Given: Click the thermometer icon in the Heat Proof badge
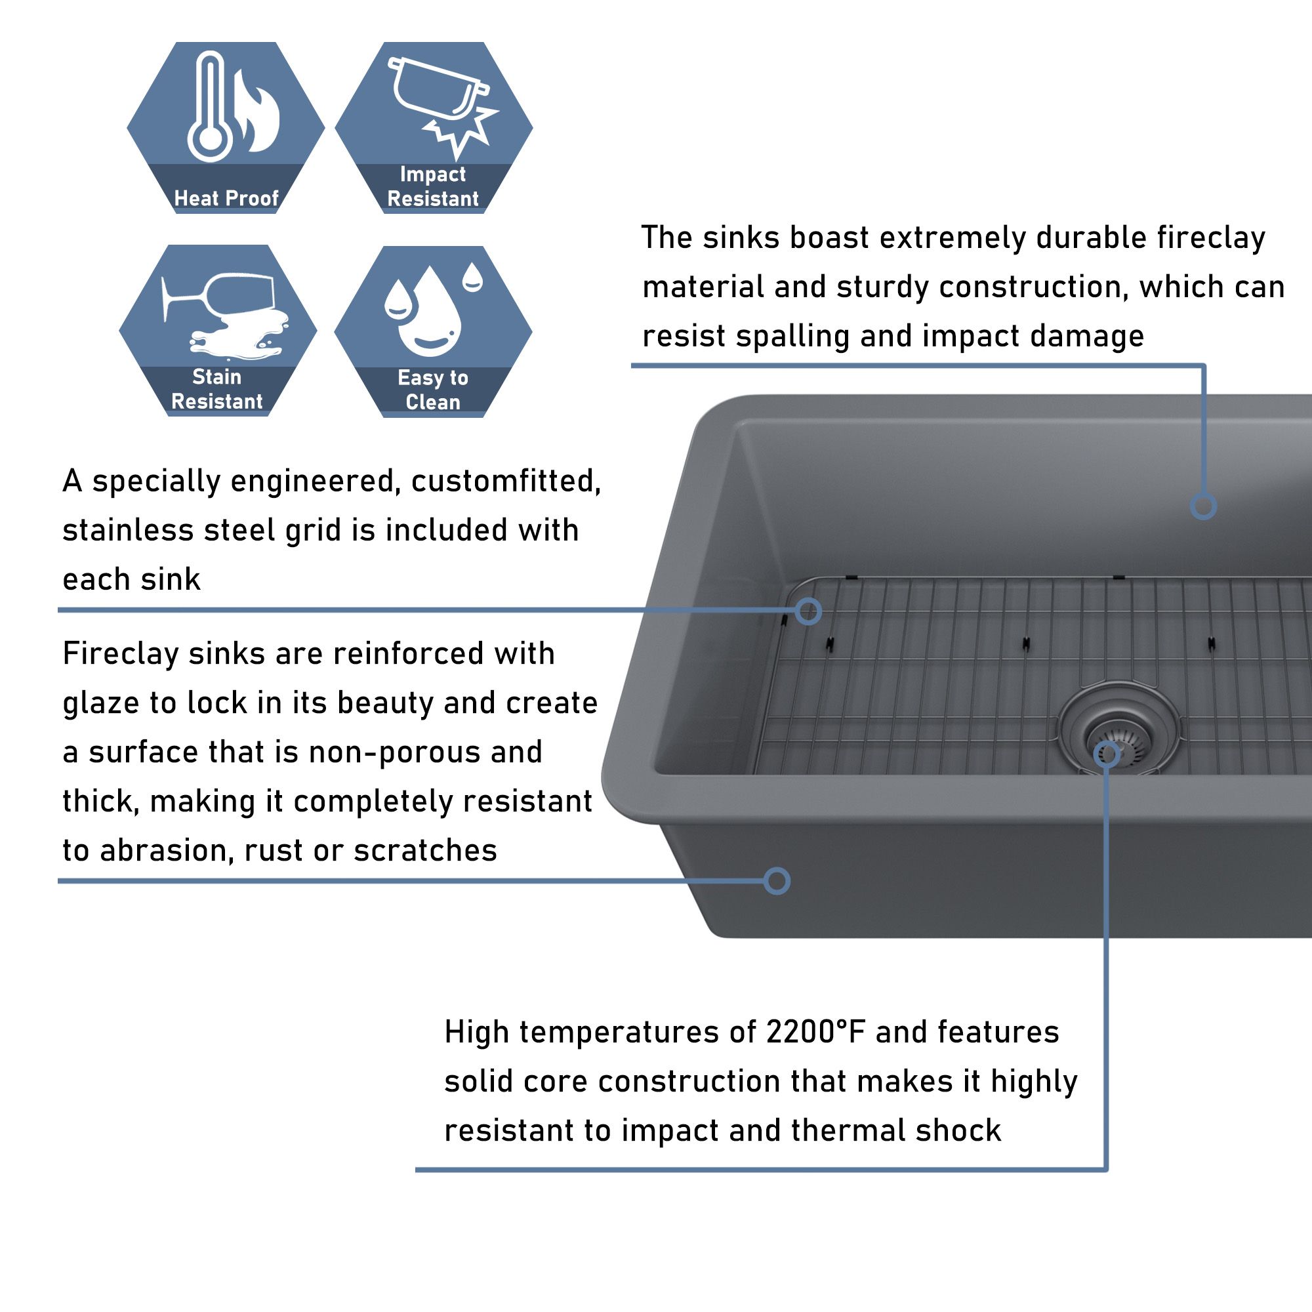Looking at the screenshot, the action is tap(211, 107).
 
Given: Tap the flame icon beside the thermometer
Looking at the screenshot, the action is tap(256, 111).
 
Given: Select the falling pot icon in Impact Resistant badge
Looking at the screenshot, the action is tap(438, 89).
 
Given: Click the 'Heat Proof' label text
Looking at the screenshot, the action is tap(226, 198).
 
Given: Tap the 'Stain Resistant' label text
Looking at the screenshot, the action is tap(216, 389).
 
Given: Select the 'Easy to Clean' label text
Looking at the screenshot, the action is tap(433, 390).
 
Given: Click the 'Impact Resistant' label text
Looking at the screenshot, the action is tap(433, 187).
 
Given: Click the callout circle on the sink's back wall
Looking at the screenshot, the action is tap(1203, 506).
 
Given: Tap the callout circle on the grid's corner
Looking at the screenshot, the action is tap(808, 611).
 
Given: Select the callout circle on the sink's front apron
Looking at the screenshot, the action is tap(777, 882).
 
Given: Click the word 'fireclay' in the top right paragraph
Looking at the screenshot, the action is tap(1212, 238).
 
